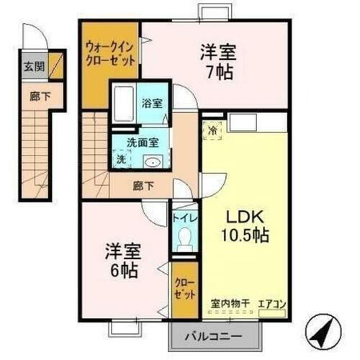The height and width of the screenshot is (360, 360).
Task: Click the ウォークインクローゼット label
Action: (x=110, y=53)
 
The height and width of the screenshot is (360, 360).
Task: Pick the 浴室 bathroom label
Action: (x=152, y=102)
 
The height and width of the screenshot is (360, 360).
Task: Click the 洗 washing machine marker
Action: (x=120, y=157)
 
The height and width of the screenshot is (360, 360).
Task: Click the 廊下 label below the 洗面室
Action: (x=141, y=184)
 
